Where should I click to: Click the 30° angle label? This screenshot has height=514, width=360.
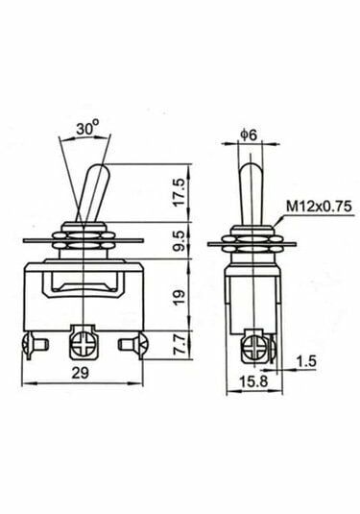(x=87, y=127)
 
